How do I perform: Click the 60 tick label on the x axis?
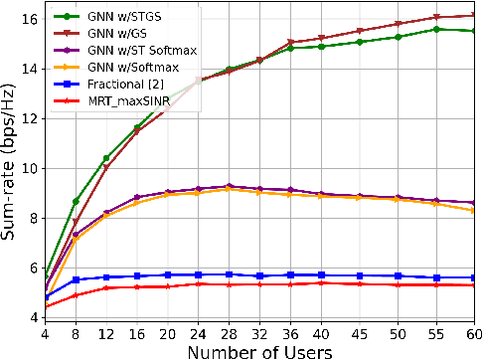(472, 332)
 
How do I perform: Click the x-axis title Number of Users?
(258, 350)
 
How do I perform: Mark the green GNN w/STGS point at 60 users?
(472, 31)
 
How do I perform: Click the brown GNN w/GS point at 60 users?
(472, 15)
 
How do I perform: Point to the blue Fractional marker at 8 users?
(76, 280)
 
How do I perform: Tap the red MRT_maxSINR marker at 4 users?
(46, 306)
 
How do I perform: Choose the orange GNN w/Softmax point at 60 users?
(472, 211)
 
